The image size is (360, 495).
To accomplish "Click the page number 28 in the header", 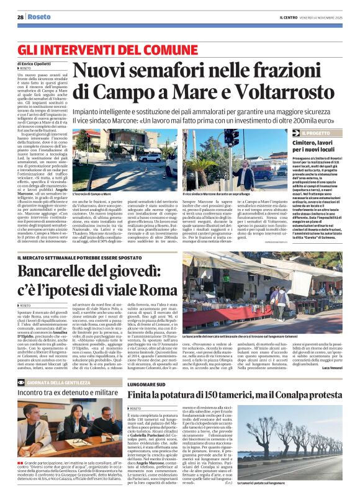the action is coord(20,17).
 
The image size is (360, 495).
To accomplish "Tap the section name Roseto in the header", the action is coord(39,17).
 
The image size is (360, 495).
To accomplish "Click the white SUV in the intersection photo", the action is coord(150,158).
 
